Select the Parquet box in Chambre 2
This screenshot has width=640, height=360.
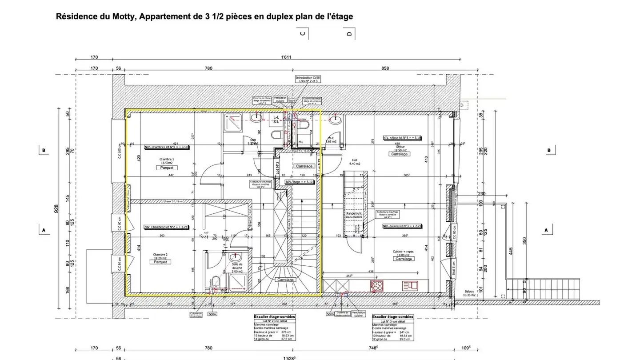(x=160, y=262)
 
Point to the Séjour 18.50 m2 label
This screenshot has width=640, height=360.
(x=399, y=148)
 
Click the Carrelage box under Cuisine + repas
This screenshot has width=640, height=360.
(x=404, y=259)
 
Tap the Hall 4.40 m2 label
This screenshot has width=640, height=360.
(x=355, y=162)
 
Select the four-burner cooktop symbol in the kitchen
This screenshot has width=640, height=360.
(x=377, y=285)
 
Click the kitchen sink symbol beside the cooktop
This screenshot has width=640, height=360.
(x=410, y=285)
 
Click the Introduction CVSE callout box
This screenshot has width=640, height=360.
(x=308, y=79)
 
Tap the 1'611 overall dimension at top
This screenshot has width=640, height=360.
(x=287, y=57)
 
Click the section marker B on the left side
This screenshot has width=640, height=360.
(x=44, y=150)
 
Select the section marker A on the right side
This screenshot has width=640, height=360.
(x=546, y=230)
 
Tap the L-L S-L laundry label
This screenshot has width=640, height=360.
(x=276, y=119)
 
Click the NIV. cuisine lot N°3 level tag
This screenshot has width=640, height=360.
(x=402, y=226)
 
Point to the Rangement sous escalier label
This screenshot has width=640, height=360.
(x=354, y=215)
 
